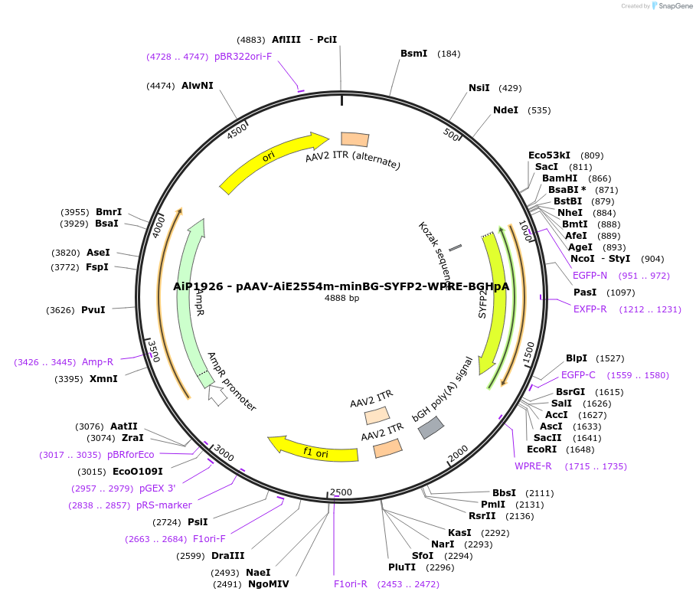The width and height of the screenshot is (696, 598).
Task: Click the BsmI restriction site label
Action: (414, 54)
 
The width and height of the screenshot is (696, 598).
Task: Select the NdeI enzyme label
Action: (505, 110)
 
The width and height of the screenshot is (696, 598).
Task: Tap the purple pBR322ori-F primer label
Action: (243, 57)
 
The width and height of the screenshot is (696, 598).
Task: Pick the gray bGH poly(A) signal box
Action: (431, 427)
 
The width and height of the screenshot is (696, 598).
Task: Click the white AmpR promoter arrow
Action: (218, 396)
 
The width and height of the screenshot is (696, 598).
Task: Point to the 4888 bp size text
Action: (341, 299)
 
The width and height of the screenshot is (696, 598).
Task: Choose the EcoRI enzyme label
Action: (542, 449)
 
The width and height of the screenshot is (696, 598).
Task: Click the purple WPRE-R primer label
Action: (533, 466)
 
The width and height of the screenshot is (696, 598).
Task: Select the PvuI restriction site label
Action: (93, 310)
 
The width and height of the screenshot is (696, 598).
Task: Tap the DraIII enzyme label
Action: (228, 556)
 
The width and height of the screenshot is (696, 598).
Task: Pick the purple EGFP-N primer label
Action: (590, 276)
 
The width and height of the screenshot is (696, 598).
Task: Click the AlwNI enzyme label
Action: (198, 86)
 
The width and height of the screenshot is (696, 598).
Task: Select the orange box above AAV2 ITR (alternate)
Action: (355, 139)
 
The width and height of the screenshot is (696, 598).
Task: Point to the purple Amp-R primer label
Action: (98, 362)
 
